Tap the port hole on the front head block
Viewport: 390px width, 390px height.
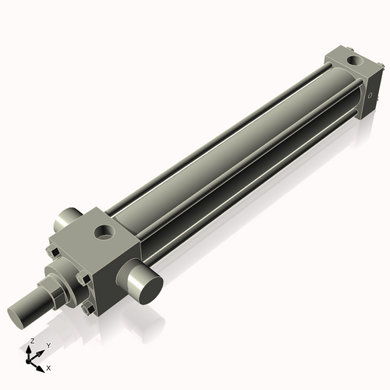pyautogui.click(x=102, y=232)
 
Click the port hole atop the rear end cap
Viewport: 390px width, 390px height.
pyautogui.click(x=355, y=58)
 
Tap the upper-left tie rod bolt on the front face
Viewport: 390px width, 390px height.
pyautogui.click(x=51, y=251)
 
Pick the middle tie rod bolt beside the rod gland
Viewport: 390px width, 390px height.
pyautogui.click(x=82, y=277)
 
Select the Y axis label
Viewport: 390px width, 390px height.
pyautogui.click(x=48, y=345)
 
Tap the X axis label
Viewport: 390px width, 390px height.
pyautogui.click(x=48, y=367)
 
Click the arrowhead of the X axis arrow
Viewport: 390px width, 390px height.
pyautogui.click(x=41, y=364)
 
